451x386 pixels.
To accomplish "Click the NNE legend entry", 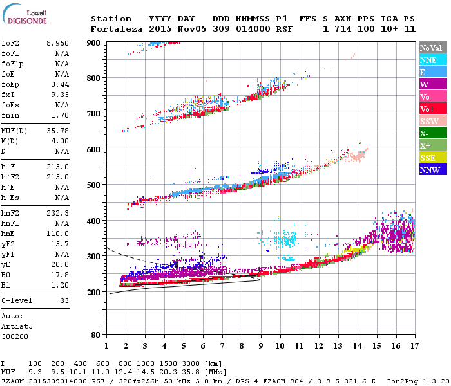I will (428, 60).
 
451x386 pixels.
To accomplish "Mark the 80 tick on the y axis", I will (95, 335).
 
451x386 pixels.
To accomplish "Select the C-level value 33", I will (64, 300).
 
